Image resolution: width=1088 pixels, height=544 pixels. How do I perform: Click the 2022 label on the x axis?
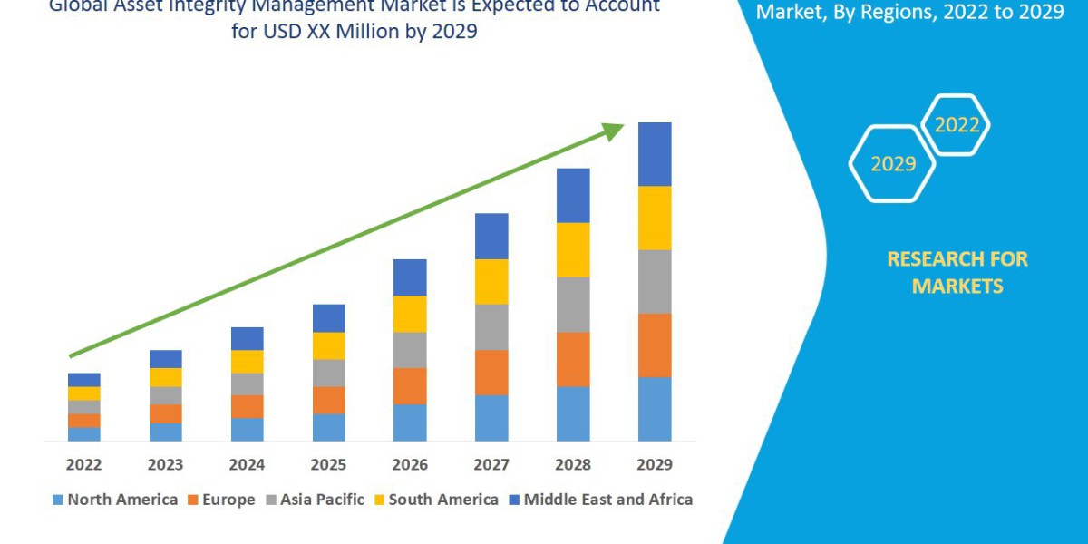point(83,465)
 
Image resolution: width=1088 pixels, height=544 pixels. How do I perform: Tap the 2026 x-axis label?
point(410,465)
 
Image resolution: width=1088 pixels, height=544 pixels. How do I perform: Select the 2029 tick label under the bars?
point(655,465)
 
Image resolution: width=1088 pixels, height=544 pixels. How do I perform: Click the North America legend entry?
point(115,500)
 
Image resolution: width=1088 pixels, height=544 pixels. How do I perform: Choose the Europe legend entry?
point(221,500)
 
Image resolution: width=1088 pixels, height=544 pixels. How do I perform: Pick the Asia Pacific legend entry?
point(315,500)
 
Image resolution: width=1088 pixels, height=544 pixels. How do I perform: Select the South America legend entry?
point(436,500)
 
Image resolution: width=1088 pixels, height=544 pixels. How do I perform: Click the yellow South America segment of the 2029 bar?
point(655,218)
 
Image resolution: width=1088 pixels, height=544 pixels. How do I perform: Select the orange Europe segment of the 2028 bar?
point(573,359)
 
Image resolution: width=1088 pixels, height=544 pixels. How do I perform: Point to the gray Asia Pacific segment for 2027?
point(491,326)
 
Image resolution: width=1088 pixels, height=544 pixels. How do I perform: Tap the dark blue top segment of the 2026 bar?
point(410,277)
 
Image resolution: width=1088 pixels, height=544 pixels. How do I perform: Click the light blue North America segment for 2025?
point(328,427)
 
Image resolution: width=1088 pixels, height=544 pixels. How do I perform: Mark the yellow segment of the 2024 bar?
point(247,361)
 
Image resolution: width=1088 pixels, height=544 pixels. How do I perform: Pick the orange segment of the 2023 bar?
point(165,413)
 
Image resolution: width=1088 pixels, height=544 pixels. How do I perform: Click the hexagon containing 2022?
point(956,125)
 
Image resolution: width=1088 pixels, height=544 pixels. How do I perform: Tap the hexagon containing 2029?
point(892,164)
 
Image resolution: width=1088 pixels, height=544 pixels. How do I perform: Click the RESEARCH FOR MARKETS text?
point(957,272)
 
